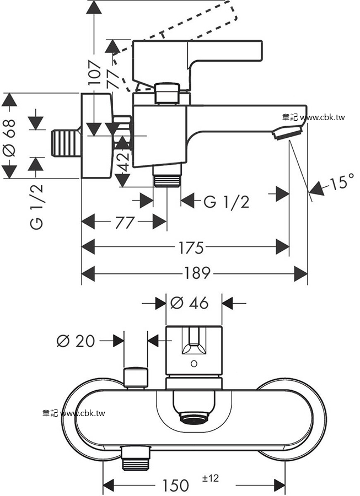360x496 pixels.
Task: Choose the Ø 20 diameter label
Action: tap(76, 341)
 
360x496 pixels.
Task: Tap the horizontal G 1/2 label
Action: tap(226, 202)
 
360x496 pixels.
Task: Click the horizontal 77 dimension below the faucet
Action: tap(125, 223)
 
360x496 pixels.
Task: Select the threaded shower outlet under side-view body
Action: tap(167, 180)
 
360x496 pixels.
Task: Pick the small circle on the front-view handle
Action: tap(193, 364)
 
